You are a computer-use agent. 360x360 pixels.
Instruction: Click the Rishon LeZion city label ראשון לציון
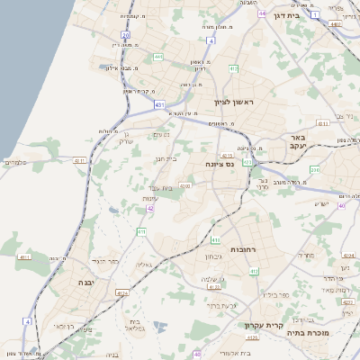pos(234,103)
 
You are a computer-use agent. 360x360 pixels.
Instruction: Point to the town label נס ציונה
pos(219,164)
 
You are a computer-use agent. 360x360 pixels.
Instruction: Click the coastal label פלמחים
pos(17,162)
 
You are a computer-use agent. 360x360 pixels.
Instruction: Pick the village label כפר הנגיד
pos(106,260)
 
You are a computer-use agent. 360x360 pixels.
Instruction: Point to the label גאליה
pos(143,265)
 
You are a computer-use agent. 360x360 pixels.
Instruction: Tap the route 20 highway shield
pos(125,35)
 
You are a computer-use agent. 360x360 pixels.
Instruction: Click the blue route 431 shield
pos(159,105)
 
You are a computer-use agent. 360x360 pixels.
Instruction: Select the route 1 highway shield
pos(315,14)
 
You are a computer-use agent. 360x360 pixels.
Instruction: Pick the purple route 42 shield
pos(150,208)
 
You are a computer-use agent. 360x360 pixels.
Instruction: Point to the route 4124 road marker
pos(122,293)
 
